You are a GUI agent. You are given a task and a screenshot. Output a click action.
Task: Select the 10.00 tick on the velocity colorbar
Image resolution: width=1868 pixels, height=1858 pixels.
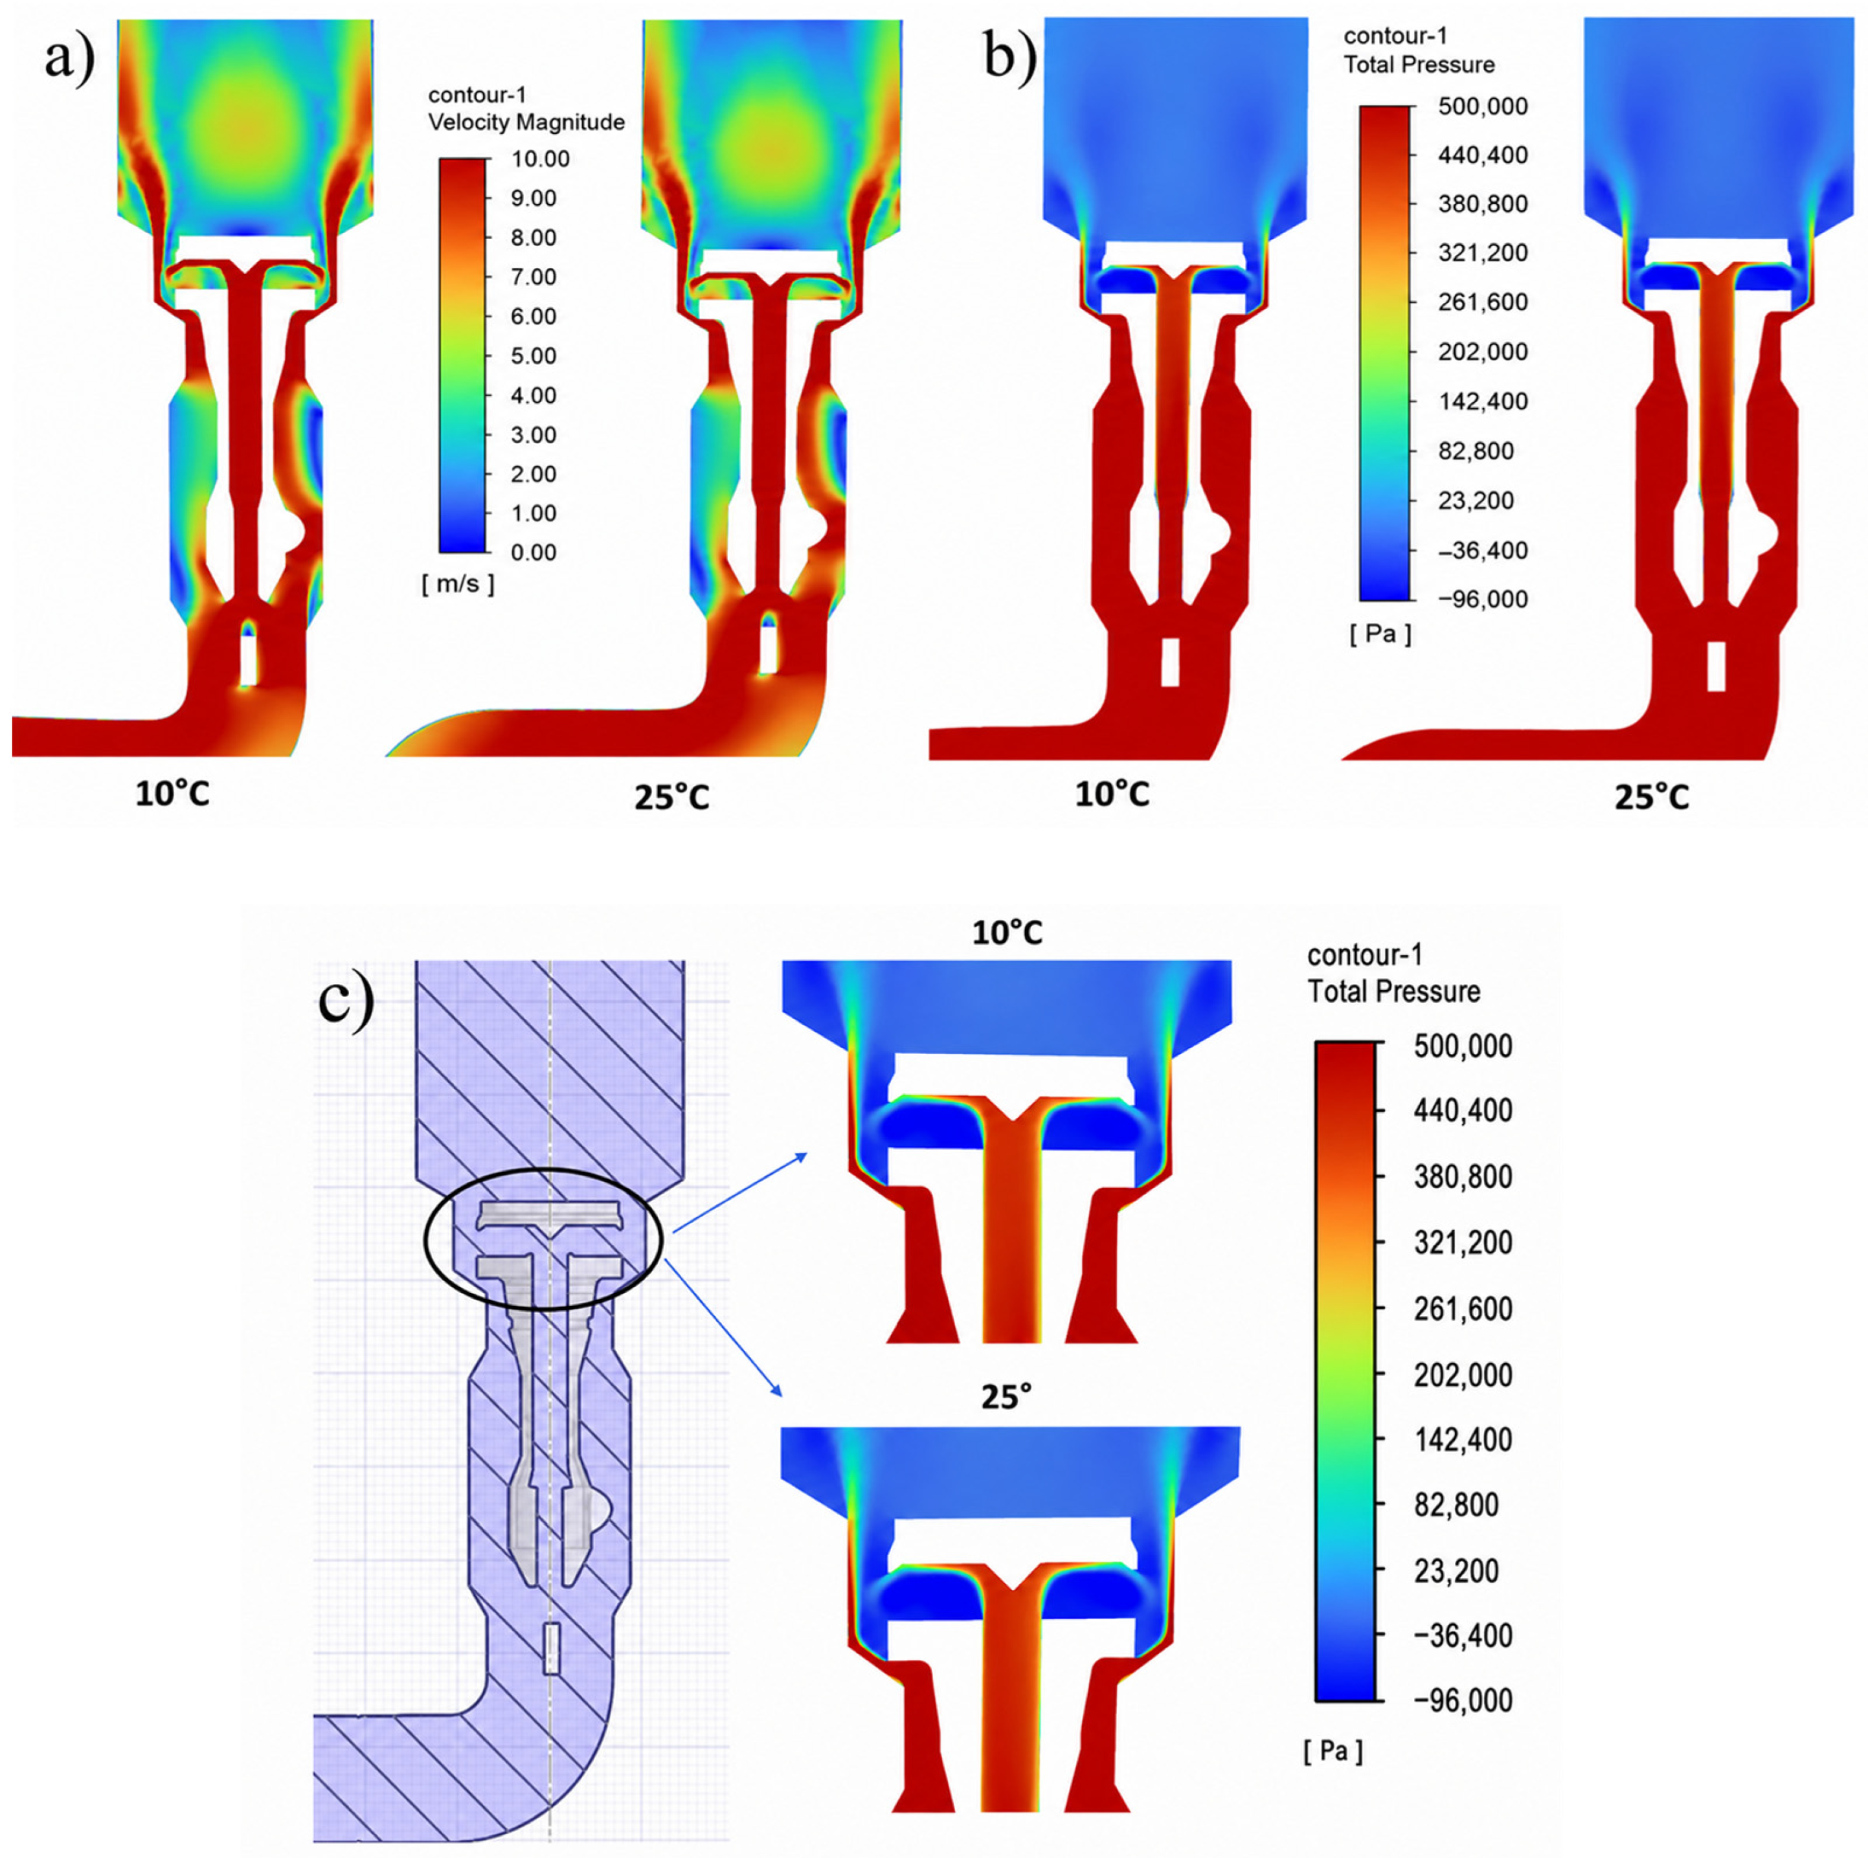click(541, 159)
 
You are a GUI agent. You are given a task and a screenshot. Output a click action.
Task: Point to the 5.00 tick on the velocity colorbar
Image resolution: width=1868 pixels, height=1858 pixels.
click(535, 357)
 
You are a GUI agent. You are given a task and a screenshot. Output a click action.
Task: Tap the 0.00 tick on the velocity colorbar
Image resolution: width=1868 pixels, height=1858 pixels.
click(535, 553)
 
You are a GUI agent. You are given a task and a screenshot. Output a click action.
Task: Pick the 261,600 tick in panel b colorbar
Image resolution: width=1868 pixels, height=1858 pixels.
click(1469, 302)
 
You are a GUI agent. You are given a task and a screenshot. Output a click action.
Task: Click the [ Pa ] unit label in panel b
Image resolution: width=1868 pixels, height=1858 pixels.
click(1380, 634)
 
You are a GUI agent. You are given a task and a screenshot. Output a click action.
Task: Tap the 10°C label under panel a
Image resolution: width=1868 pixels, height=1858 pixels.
click(172, 794)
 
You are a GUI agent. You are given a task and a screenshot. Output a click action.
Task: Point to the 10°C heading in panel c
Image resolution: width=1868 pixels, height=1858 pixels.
click(1008, 933)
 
